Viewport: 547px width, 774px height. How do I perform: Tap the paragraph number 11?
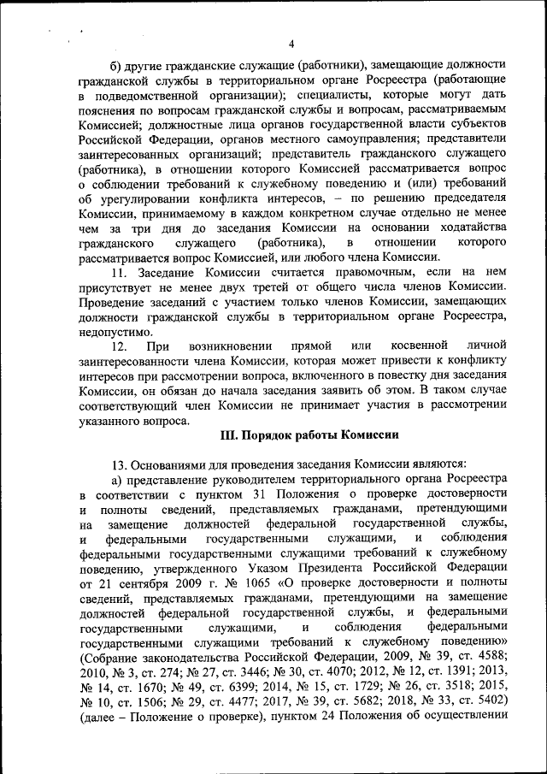point(121,273)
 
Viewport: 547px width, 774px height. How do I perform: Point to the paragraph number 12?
point(121,345)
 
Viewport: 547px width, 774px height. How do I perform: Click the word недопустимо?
point(116,330)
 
